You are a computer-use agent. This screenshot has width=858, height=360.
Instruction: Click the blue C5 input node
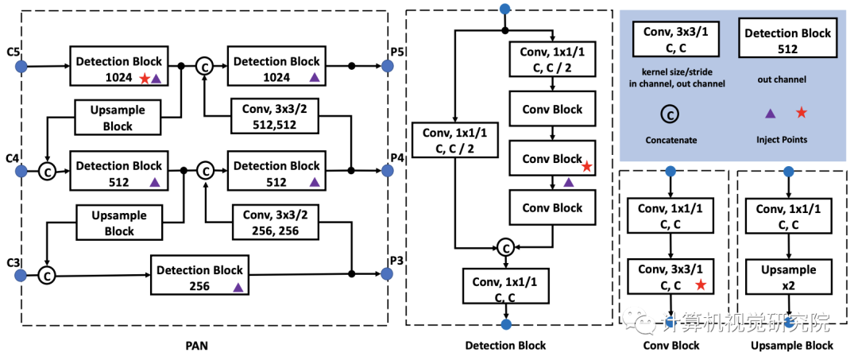(21, 66)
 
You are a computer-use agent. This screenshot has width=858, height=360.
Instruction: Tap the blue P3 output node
(388, 273)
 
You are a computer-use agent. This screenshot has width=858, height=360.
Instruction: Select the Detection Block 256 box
(199, 277)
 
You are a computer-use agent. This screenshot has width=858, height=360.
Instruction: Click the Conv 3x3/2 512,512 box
(275, 117)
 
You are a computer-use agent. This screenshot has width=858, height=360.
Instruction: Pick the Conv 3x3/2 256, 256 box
(275, 223)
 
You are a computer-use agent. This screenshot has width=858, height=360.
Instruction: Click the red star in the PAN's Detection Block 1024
(145, 78)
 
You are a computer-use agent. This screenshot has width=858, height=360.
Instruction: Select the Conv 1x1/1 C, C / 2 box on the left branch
(454, 141)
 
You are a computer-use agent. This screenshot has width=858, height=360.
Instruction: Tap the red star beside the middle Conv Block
(586, 166)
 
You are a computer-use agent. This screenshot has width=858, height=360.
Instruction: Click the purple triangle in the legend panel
(770, 114)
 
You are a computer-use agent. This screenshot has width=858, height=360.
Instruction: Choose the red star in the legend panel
(801, 113)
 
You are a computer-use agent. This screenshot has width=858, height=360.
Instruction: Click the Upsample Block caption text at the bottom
(792, 346)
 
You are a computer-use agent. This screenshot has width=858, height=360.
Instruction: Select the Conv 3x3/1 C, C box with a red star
(671, 277)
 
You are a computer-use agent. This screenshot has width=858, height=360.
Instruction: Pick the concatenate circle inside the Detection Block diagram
(505, 248)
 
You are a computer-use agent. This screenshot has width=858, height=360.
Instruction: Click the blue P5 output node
(388, 66)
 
